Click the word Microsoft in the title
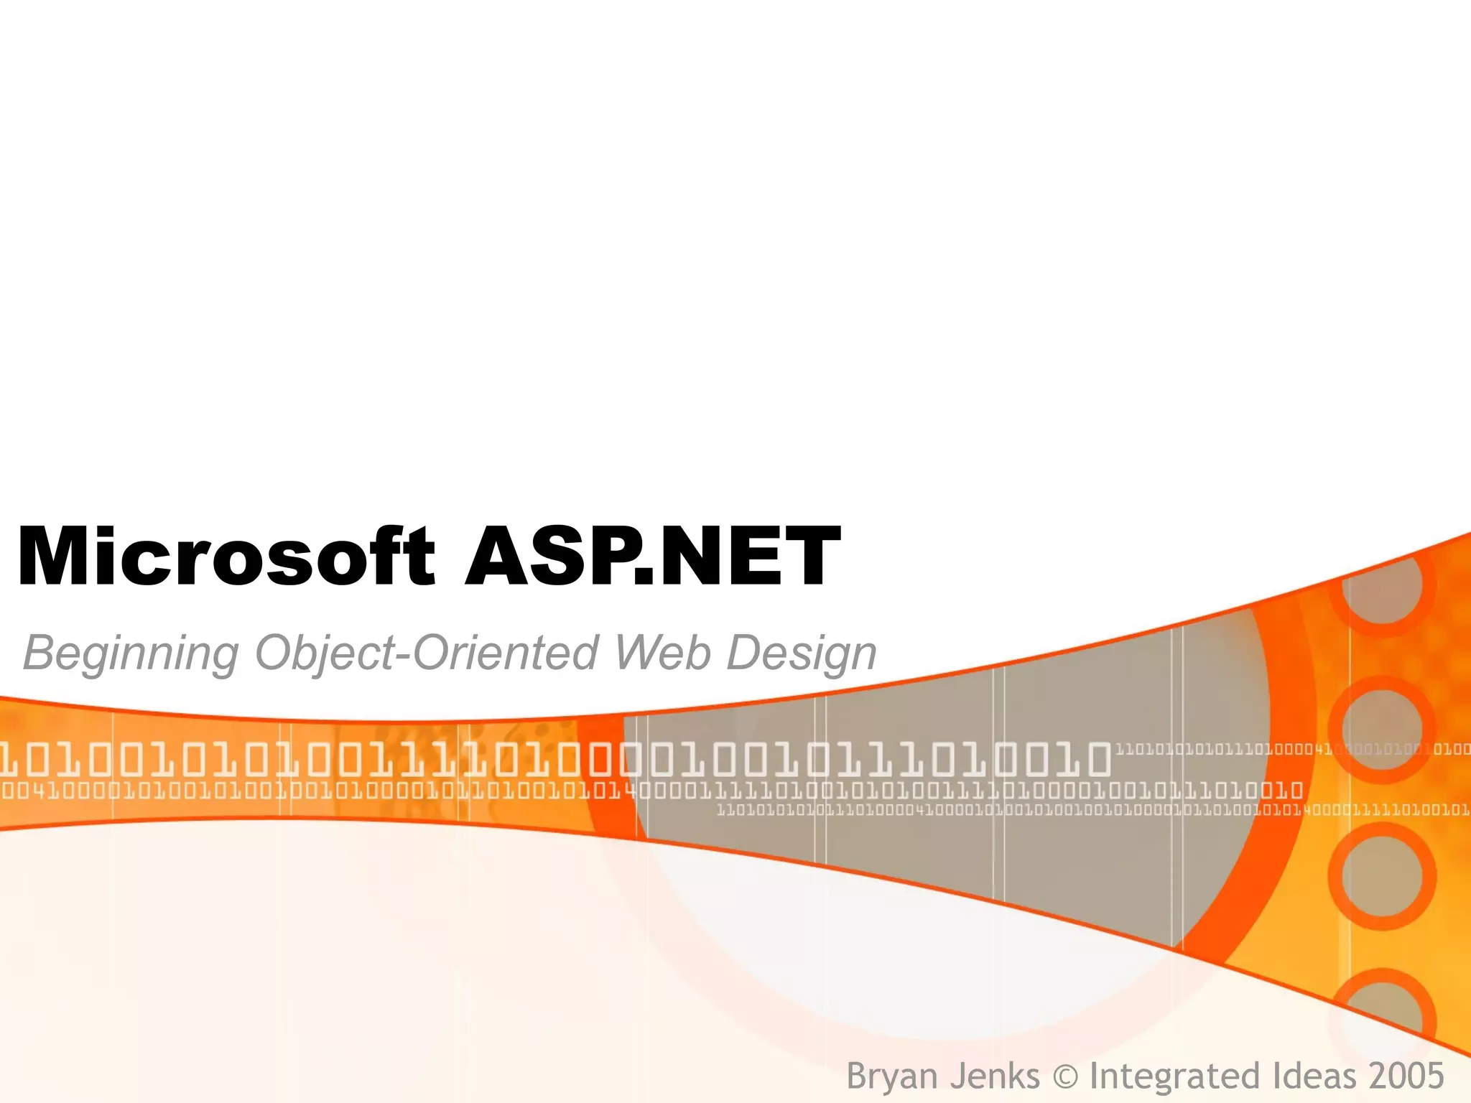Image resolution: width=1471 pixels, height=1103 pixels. [x=226, y=558]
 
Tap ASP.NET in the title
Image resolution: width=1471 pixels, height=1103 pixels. [x=652, y=558]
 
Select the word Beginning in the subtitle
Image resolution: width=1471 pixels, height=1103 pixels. [x=131, y=653]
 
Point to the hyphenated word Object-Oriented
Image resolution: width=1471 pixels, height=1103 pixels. [x=427, y=653]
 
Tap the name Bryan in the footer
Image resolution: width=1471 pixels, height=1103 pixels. [x=891, y=1076]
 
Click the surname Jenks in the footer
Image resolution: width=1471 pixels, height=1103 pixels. [x=995, y=1076]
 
